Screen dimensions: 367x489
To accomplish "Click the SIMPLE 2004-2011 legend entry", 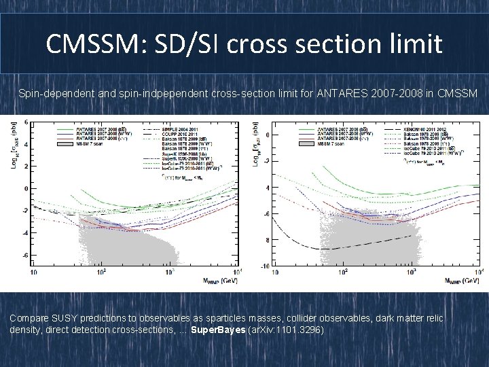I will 179,128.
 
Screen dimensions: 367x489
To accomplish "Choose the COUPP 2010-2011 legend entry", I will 179,134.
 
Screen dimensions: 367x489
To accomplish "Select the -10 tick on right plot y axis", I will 267,266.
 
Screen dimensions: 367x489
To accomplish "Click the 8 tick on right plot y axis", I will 268,240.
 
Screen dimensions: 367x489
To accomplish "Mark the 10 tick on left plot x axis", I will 33,273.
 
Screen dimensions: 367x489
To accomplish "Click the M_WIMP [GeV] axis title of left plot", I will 210,279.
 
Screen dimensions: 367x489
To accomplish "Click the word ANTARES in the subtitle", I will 337,91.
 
